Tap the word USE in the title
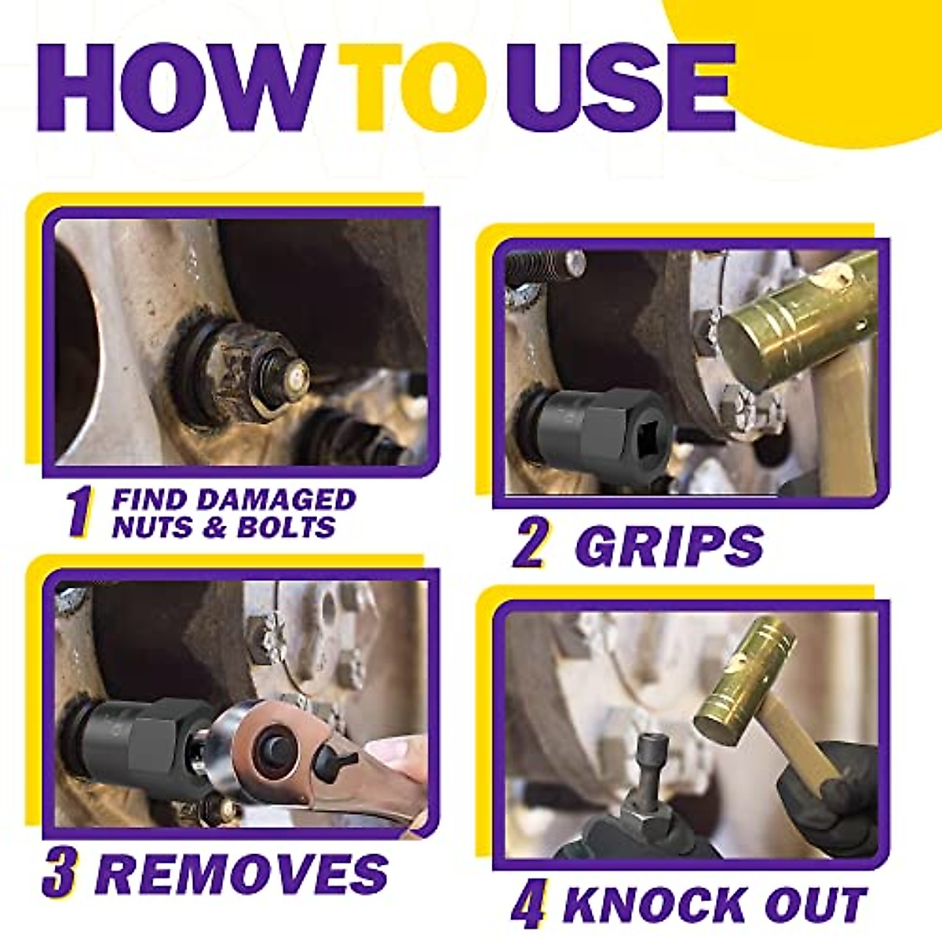click(x=620, y=88)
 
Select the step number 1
click(x=78, y=512)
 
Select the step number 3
click(x=60, y=873)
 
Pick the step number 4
click(x=528, y=905)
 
